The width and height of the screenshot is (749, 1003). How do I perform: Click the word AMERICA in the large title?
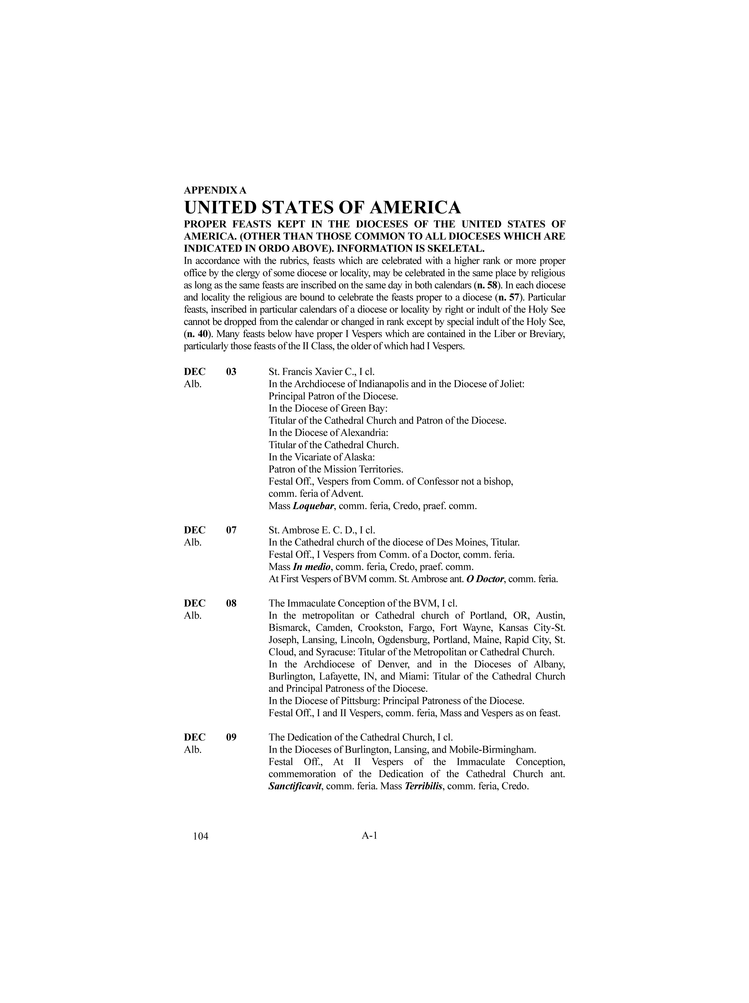coord(416,208)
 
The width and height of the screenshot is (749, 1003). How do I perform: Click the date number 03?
coord(231,372)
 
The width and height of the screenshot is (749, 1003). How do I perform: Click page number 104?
coord(200,837)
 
